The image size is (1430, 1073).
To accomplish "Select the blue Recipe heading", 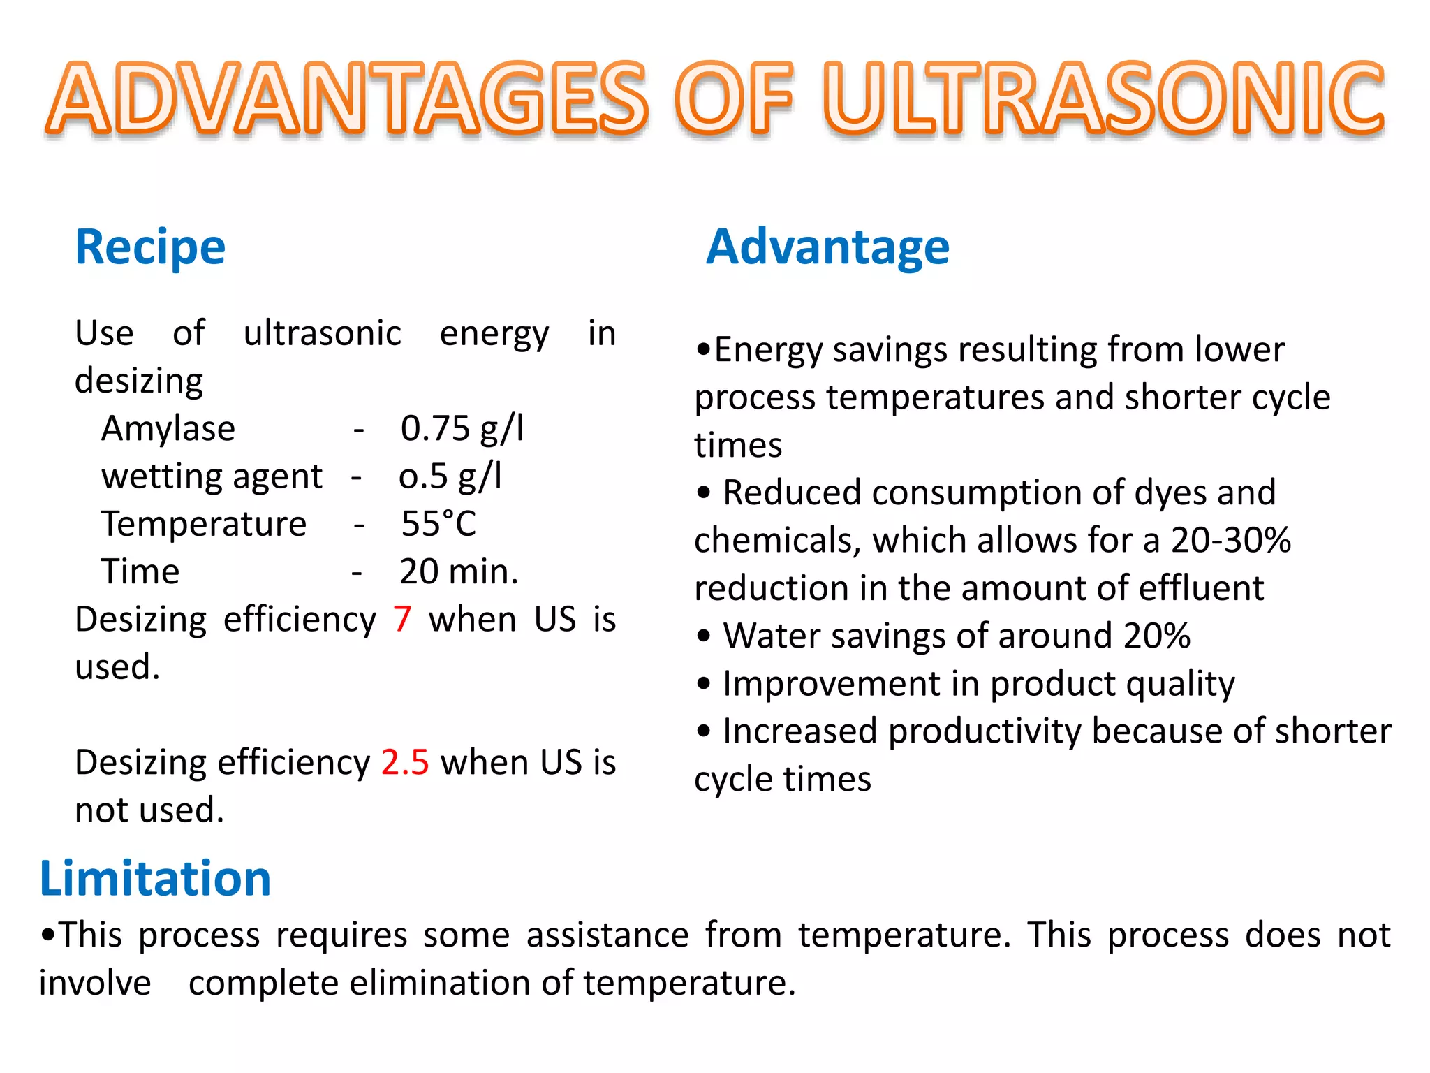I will click(x=150, y=247).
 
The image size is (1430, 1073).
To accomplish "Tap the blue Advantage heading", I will click(x=827, y=247).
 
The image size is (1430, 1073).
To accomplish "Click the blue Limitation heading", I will click(x=155, y=878).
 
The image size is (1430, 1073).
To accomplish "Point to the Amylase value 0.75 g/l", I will click(x=462, y=428).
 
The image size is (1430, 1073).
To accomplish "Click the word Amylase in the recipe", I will click(x=168, y=428).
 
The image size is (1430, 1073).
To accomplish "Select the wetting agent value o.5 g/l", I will click(x=450, y=476).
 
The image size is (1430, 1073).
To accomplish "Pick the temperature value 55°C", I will click(x=438, y=524).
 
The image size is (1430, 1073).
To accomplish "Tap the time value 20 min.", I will click(x=459, y=571).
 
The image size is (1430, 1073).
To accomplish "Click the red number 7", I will click(x=402, y=619).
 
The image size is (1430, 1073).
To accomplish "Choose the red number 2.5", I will click(x=405, y=762).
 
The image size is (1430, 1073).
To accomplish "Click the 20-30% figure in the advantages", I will click(x=1231, y=540).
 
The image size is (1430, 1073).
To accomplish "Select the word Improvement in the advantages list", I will click(x=831, y=684).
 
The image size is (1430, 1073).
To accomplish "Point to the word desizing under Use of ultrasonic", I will click(x=139, y=381).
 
